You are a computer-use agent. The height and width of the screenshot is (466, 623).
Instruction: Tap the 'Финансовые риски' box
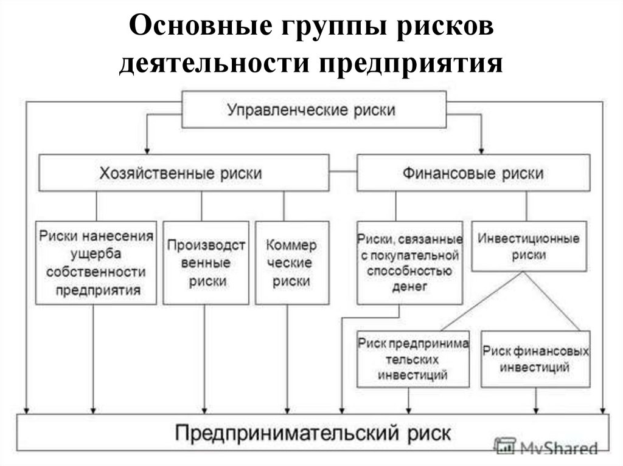pos(473,173)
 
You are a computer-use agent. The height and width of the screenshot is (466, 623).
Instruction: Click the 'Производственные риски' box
pos(206,262)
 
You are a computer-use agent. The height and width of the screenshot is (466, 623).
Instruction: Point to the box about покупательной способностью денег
pos(409,262)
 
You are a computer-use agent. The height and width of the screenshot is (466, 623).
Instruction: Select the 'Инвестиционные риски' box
pos(528,246)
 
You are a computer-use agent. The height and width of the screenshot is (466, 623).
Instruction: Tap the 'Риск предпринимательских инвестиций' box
pos(413,359)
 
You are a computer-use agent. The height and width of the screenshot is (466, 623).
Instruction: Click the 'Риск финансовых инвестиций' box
pos(535,359)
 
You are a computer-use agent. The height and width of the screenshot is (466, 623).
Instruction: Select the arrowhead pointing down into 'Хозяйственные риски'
pos(147,150)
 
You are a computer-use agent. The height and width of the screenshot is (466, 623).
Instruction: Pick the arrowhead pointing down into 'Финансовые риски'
pos(481,150)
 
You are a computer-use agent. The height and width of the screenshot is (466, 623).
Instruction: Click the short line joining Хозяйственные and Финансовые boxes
pos(343,173)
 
